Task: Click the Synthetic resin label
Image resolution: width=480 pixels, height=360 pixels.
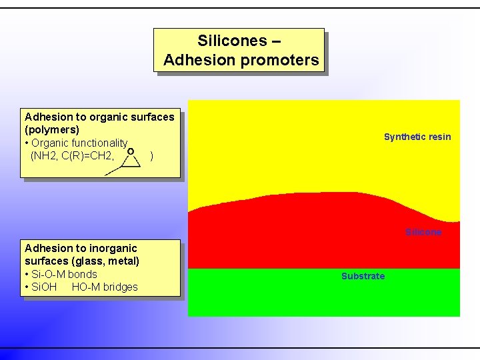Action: pyautogui.click(x=417, y=137)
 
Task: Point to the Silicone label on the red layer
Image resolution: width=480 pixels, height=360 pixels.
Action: pyautogui.click(x=423, y=232)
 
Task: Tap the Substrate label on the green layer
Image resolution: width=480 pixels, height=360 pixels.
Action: pyautogui.click(x=363, y=276)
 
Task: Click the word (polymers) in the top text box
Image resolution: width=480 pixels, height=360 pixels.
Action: pyautogui.click(x=52, y=129)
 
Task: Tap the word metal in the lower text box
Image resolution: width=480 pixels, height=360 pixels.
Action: pyautogui.click(x=124, y=261)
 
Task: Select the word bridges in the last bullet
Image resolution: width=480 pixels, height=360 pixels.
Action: pyautogui.click(x=120, y=287)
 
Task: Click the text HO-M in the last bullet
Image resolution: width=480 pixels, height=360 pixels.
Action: pyautogui.click(x=85, y=287)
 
